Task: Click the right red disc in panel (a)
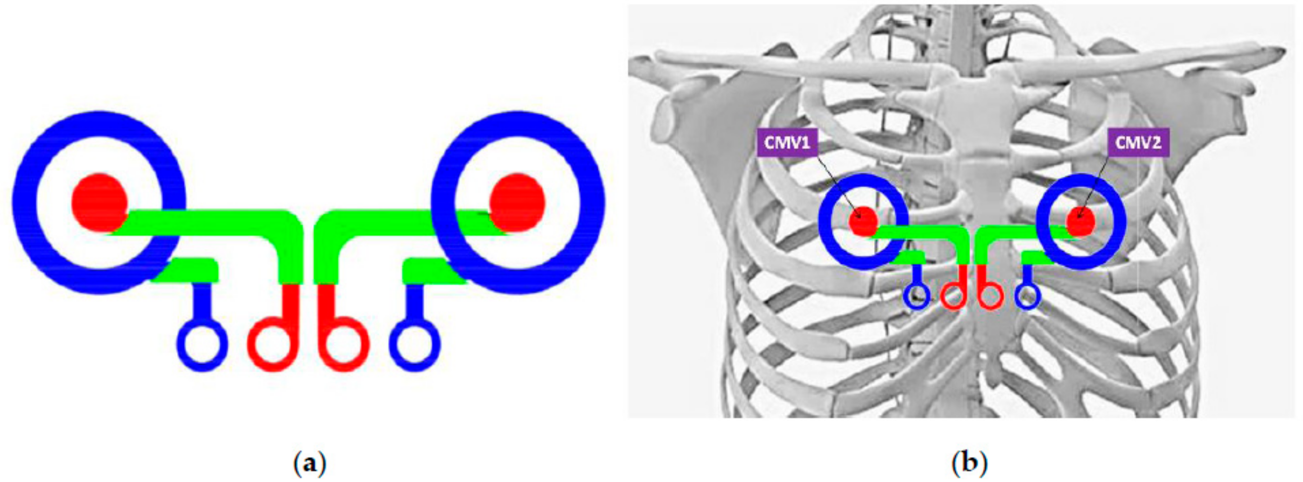(x=517, y=202)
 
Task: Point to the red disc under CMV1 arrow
(x=863, y=221)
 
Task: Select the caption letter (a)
(x=310, y=462)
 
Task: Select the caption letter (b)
(x=970, y=462)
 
